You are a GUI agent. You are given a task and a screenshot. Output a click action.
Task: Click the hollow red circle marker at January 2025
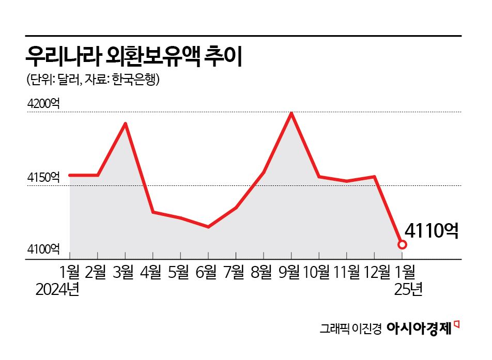(402, 244)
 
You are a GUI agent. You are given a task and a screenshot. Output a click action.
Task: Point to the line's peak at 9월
(291, 113)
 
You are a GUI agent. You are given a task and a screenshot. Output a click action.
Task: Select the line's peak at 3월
(125, 123)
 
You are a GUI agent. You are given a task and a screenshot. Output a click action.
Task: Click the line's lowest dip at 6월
(208, 227)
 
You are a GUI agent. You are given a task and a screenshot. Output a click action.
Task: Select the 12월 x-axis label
(376, 271)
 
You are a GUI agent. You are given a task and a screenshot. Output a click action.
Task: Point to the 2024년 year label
(57, 290)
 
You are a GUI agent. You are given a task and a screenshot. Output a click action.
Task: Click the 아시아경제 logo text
(419, 327)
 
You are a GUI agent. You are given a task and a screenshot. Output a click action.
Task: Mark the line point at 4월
(153, 212)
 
